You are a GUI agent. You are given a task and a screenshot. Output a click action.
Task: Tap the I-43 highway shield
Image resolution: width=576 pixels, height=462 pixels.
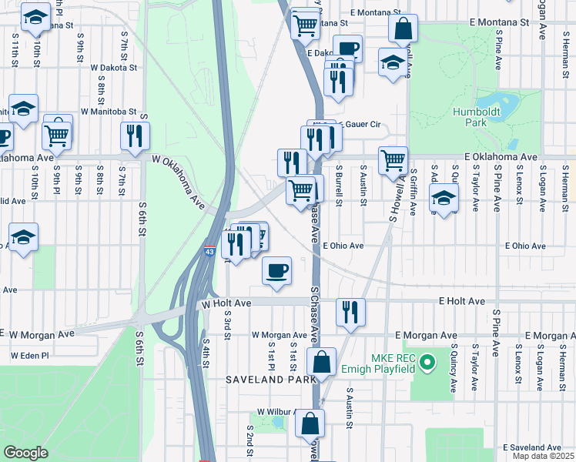(209, 251)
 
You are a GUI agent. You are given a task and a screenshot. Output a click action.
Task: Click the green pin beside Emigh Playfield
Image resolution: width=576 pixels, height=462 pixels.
(430, 359)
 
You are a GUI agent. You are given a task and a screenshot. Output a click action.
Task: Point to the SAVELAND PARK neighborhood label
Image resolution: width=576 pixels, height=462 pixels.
(270, 380)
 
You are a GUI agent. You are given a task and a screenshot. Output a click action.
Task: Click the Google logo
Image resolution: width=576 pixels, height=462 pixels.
(26, 452)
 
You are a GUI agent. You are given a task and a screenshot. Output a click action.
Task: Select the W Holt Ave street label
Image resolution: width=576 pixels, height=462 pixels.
(226, 304)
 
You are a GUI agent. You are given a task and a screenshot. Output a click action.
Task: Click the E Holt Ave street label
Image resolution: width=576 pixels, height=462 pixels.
(462, 302)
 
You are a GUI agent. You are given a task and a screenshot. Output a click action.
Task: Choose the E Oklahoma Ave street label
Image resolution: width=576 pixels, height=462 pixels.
(501, 157)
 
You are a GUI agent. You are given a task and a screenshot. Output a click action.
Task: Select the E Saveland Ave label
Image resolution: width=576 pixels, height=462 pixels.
(532, 447)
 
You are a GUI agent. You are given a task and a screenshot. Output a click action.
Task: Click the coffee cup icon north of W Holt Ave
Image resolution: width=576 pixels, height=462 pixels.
(277, 270)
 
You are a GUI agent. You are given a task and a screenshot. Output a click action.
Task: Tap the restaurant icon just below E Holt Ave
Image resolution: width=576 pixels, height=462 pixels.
(350, 312)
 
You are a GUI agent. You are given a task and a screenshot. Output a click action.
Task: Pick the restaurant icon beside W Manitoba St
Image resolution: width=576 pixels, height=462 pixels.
(136, 136)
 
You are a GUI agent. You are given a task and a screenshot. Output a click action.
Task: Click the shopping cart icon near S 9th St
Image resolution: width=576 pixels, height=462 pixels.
(58, 134)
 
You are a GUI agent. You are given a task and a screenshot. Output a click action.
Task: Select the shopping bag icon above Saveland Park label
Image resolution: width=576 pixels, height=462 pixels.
(321, 360)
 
